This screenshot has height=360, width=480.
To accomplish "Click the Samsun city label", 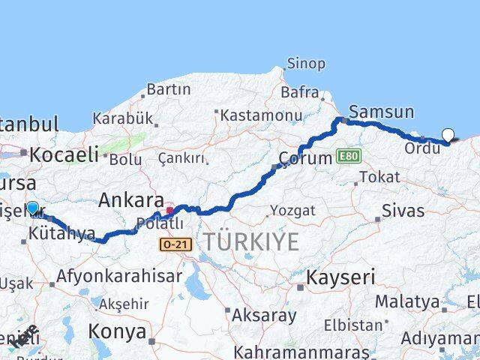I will pyautogui.click(x=381, y=112).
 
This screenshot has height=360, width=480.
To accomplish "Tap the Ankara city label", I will pyautogui.click(x=131, y=200).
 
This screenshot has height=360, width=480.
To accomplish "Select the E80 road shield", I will pyautogui.click(x=349, y=156).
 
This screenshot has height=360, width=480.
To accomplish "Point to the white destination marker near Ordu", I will pyautogui.click(x=448, y=135).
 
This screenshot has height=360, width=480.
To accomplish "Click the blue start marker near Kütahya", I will pyautogui.click(x=32, y=208).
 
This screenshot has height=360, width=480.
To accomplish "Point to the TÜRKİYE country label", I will pyautogui.click(x=250, y=241).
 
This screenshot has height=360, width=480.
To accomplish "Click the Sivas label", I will pyautogui.click(x=403, y=211).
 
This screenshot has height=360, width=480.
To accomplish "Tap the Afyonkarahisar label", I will pyautogui.click(x=119, y=276).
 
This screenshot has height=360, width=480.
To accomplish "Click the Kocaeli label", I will pyautogui.click(x=64, y=154).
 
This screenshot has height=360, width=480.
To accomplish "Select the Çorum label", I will pyautogui.click(x=304, y=158).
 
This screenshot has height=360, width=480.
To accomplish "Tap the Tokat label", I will pyautogui.click(x=379, y=177).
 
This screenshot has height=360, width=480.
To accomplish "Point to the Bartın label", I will pyautogui.click(x=169, y=89).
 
